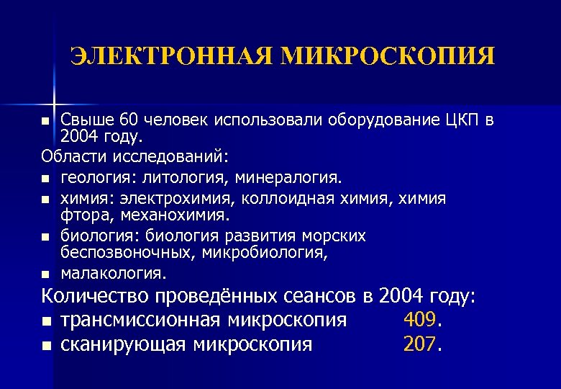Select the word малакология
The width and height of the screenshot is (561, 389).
click(114, 273)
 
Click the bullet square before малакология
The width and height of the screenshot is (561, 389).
click(46, 274)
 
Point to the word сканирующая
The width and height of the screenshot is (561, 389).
click(125, 344)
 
